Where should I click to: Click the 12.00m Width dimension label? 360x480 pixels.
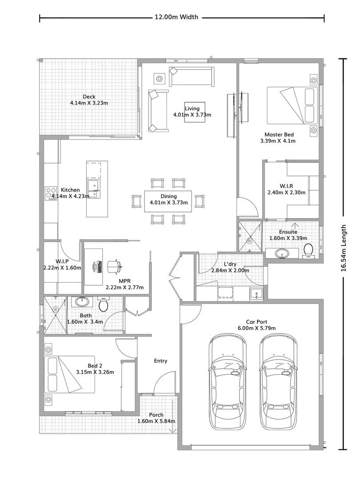pos(176,17)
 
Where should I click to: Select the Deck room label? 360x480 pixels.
pos(89,97)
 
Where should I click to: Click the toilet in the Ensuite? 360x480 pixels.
pos(308,252)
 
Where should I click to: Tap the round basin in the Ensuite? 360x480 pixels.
pos(281,254)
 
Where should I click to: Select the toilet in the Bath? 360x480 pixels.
pos(103,304)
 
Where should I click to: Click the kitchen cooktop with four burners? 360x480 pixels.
pos(51,192)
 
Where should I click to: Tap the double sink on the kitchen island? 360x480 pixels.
pos(94,188)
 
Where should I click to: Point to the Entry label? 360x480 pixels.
pos(160,361)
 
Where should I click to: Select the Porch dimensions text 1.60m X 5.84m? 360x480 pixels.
pos(156,421)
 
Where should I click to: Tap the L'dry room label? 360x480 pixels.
pos(230,264)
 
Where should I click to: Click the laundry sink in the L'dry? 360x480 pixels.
pos(256,293)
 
